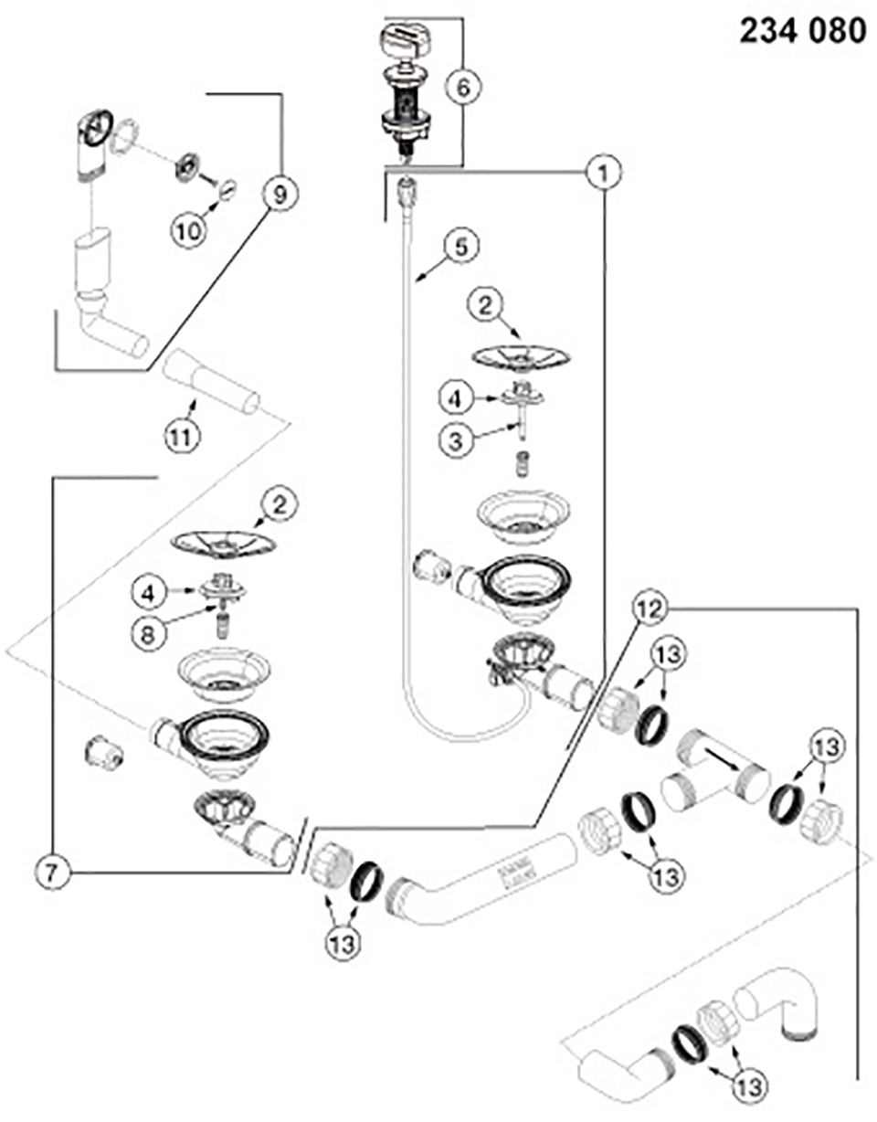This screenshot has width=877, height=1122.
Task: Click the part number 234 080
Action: [802, 31]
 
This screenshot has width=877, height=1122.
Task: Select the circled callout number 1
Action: [602, 170]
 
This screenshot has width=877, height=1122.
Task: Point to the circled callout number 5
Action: [461, 246]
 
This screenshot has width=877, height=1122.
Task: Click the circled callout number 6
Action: [463, 88]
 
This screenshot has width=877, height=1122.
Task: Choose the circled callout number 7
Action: [54, 872]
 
